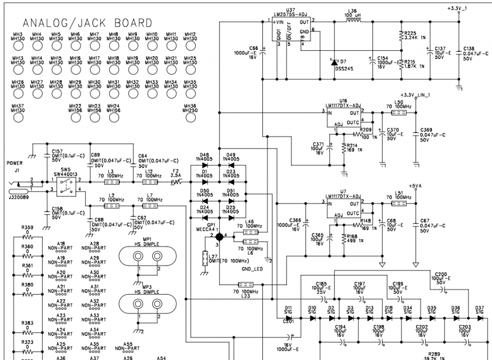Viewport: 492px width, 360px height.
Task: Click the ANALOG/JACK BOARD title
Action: pyautogui.click(x=87, y=23)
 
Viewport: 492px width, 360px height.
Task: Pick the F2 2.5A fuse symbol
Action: pyautogui.click(x=176, y=182)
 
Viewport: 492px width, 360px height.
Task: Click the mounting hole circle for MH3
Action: pyautogui.click(x=18, y=46)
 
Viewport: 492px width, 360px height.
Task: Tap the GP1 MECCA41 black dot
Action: pyautogui.click(x=219, y=236)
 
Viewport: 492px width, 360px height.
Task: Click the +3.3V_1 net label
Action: pyautogui.click(x=458, y=9)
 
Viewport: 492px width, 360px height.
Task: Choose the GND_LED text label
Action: pyautogui.click(x=252, y=269)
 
